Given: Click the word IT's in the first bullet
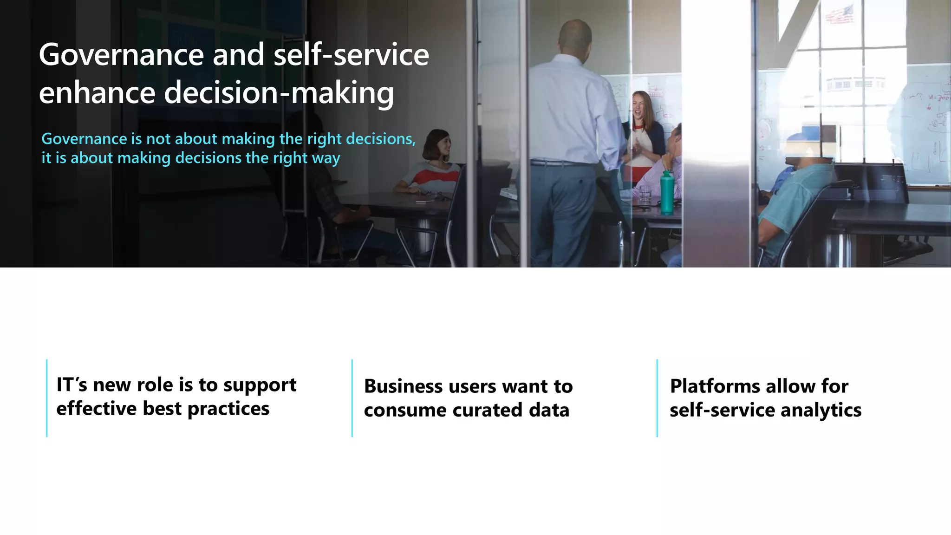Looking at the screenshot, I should [72, 385].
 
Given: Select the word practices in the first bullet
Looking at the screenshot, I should [228, 409].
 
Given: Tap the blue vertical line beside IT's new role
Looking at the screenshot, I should [47, 398].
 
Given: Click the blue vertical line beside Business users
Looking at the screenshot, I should [352, 398].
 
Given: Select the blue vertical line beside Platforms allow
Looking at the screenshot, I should [657, 398].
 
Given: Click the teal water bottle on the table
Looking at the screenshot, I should [667, 193].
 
